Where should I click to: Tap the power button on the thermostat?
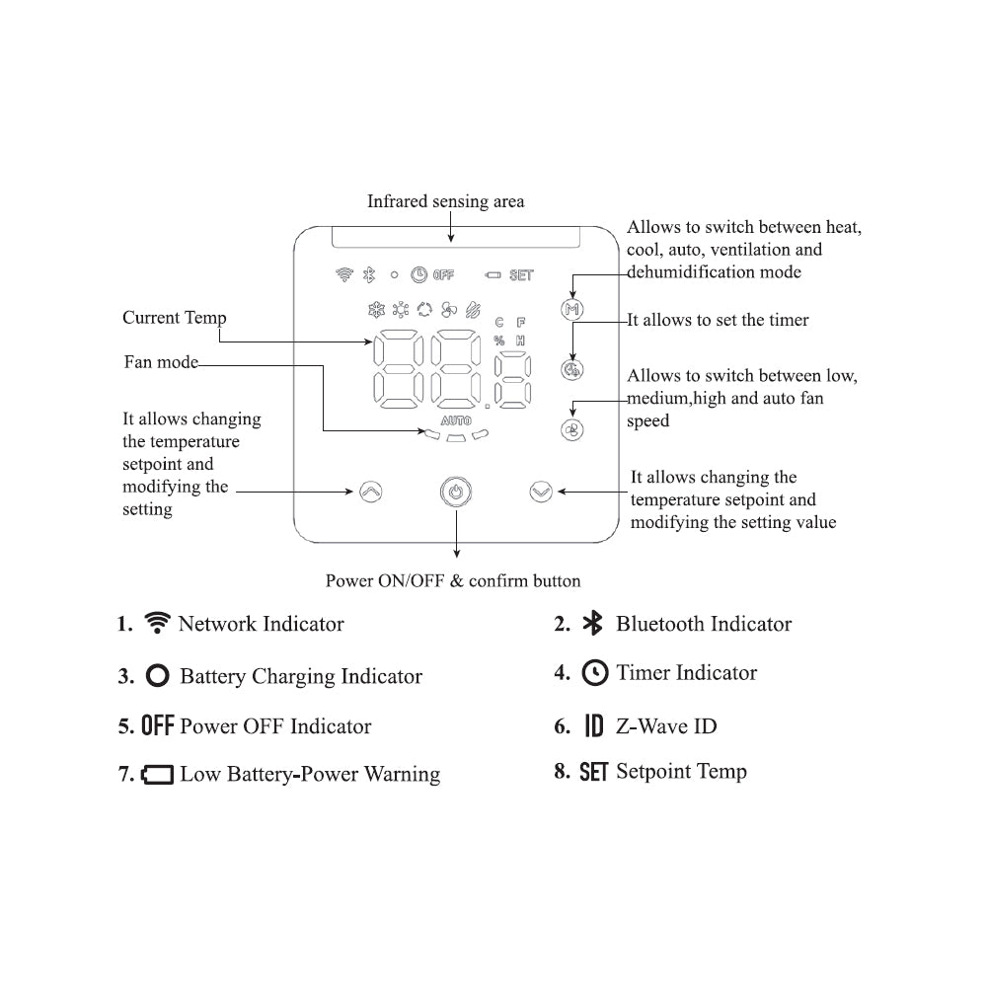tap(455, 491)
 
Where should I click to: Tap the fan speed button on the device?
tap(572, 429)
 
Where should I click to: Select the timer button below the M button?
tap(572, 370)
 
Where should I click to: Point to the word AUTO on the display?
tap(456, 420)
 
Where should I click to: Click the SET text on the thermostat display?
tap(521, 275)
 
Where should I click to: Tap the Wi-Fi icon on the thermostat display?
tap(344, 274)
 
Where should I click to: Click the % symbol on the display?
tap(499, 340)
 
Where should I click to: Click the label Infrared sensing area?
tap(446, 201)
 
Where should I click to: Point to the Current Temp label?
tap(175, 318)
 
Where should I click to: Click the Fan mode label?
tap(161, 362)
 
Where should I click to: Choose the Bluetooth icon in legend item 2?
tap(592, 624)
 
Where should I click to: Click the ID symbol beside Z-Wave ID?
tap(593, 727)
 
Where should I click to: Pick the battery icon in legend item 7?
tap(157, 775)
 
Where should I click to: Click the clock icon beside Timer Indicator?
tap(595, 673)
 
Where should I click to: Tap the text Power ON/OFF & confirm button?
tap(453, 580)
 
